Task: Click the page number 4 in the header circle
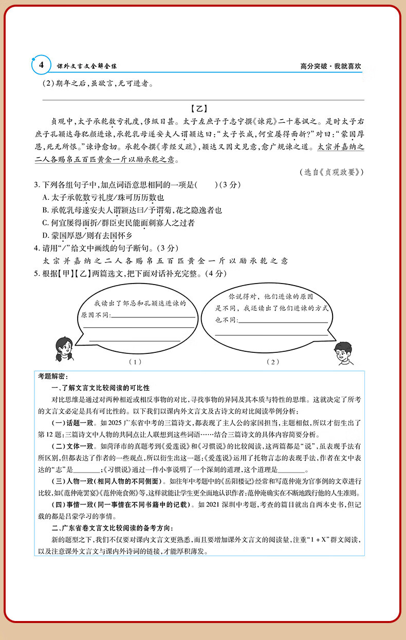pyautogui.click(x=40, y=65)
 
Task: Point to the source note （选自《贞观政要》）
pyautogui.click(x=331, y=172)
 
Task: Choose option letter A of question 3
pyautogui.click(x=46, y=198)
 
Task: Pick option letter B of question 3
pyautogui.click(x=46, y=210)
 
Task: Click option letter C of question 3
pyautogui.click(x=46, y=222)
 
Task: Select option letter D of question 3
pyautogui.click(x=46, y=235)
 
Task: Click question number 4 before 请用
pyautogui.click(x=36, y=248)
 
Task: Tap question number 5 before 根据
pyautogui.click(x=36, y=273)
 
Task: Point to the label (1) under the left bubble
pyautogui.click(x=135, y=362)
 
